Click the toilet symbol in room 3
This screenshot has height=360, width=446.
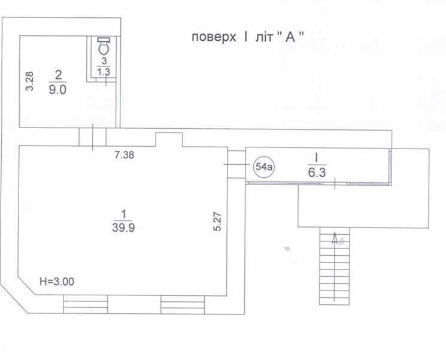coord(104,46)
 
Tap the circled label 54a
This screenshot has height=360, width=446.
coord(264,167)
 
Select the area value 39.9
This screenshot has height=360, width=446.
coord(123,228)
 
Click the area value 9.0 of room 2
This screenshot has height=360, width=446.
coord(57,90)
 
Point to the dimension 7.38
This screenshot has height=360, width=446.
coord(125,155)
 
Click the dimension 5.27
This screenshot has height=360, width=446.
coord(217,221)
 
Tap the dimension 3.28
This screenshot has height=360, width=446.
coord(29,81)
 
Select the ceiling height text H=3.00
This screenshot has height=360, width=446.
coord(57,282)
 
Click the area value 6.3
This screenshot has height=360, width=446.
coord(317,173)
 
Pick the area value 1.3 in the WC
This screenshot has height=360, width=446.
coord(104,72)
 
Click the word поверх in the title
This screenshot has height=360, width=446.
coord(214,37)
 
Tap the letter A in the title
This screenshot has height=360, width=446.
coord(290,37)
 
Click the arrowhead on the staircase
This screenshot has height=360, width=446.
coord(335,237)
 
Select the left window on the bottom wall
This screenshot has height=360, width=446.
coord(86,304)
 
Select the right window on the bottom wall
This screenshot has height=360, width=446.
coord(183,304)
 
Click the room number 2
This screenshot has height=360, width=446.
coord(58,75)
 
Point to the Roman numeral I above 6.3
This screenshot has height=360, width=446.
coord(316,158)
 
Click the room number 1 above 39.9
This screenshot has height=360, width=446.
coord(123,214)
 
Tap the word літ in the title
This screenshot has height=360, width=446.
coord(264,37)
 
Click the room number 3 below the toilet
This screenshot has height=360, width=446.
coord(104,60)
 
